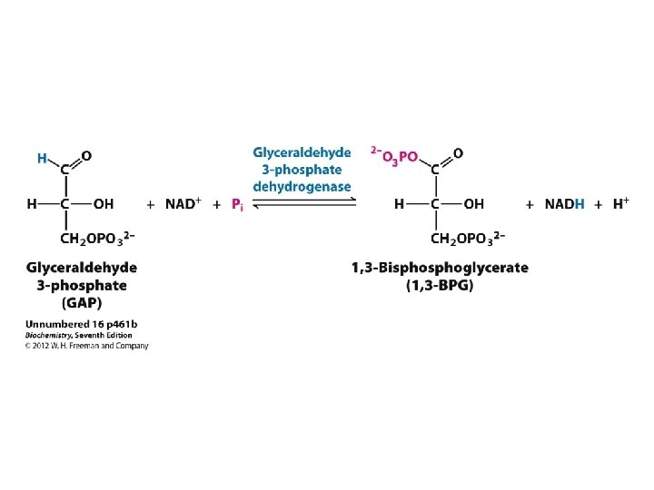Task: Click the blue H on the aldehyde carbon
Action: coord(42,159)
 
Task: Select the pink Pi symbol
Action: coord(237,205)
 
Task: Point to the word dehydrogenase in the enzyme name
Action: coord(302,186)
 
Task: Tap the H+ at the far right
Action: coord(621,203)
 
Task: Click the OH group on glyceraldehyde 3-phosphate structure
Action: coord(104,204)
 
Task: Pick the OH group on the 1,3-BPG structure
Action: coord(474,204)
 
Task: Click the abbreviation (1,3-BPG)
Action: coord(440,286)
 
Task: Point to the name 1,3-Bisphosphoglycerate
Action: coord(440,269)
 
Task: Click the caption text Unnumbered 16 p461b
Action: coord(82,324)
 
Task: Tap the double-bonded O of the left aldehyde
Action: coord(86,155)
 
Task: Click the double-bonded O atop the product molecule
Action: coord(458,153)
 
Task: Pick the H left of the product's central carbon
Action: coord(399,204)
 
